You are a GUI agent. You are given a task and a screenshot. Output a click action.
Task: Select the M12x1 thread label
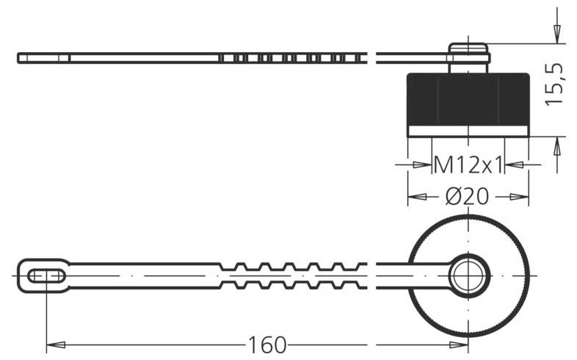(x=468, y=165)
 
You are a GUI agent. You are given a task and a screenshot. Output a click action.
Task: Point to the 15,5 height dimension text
(x=556, y=82)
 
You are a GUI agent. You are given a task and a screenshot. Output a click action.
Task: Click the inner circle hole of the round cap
(x=468, y=276)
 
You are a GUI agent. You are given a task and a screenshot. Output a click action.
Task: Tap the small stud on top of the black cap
(x=469, y=55)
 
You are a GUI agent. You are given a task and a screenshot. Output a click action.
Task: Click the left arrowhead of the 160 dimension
(x=56, y=344)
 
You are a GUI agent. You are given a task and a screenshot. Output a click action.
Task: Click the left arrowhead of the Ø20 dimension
(x=417, y=197)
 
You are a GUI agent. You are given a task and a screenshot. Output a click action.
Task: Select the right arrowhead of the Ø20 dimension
(x=520, y=197)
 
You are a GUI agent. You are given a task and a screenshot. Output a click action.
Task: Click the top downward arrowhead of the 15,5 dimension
(x=556, y=33)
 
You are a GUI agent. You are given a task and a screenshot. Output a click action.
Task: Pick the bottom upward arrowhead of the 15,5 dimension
(x=556, y=147)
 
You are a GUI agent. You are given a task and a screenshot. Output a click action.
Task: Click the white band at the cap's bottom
(x=468, y=131)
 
